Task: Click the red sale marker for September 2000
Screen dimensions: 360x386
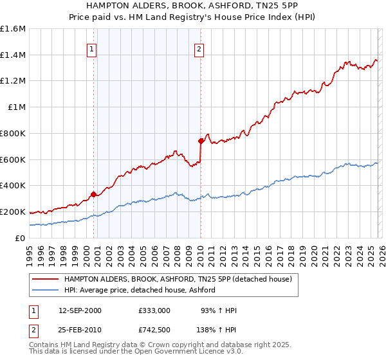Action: click(x=94, y=194)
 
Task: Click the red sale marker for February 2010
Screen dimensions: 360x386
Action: click(x=201, y=140)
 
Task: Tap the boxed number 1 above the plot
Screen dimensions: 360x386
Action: click(x=92, y=48)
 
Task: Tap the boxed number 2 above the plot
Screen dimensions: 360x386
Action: click(x=199, y=48)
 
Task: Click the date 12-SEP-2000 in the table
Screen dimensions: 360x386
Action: click(x=80, y=310)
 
